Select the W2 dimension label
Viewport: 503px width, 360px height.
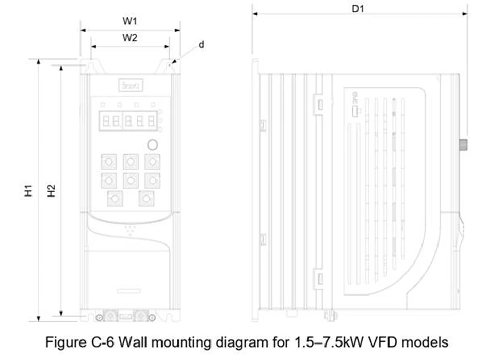129,38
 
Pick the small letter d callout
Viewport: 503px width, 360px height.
202,45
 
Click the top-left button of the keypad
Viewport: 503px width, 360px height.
108,162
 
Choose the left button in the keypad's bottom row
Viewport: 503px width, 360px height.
115,198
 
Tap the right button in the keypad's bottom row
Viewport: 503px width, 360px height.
147,198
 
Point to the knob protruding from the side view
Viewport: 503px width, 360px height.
463,143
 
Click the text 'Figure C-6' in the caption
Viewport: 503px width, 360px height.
76,342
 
